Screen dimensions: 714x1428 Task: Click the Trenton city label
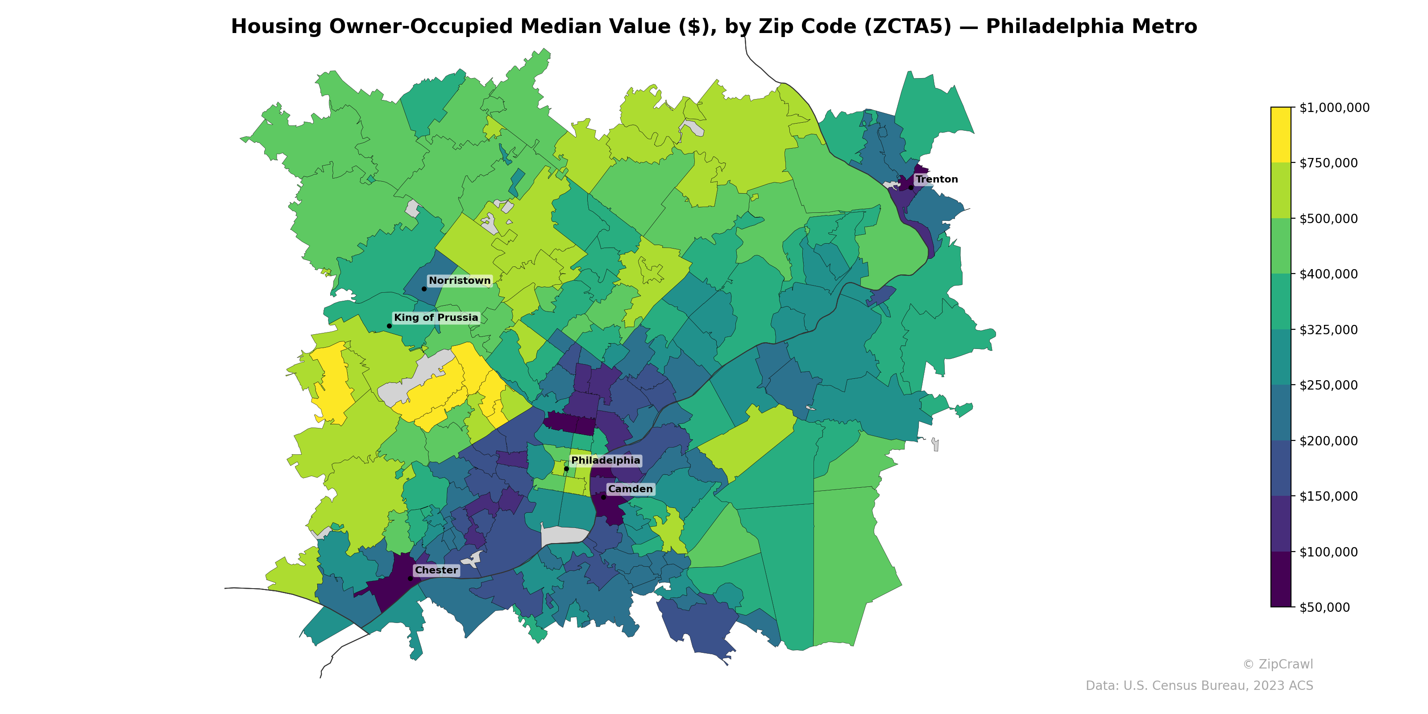[x=936, y=179]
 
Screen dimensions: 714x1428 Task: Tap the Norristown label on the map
[x=460, y=281]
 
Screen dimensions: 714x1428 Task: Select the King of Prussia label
[x=436, y=318]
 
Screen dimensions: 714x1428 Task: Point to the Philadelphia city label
[x=606, y=461]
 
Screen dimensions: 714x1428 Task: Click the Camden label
[x=630, y=489]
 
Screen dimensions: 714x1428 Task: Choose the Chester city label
[x=436, y=570]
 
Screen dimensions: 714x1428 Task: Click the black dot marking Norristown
[x=424, y=289]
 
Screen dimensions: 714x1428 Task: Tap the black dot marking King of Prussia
[x=389, y=326]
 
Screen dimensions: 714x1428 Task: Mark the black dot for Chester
[x=410, y=579]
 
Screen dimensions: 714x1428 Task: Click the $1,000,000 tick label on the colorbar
[x=1334, y=108]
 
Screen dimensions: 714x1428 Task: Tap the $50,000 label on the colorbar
[x=1325, y=607]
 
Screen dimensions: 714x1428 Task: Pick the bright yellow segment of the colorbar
[x=1281, y=135]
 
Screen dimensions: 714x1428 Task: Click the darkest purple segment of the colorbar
[x=1281, y=579]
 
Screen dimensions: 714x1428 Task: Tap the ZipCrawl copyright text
[x=1278, y=664]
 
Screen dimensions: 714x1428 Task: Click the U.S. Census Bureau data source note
[x=1199, y=686]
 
